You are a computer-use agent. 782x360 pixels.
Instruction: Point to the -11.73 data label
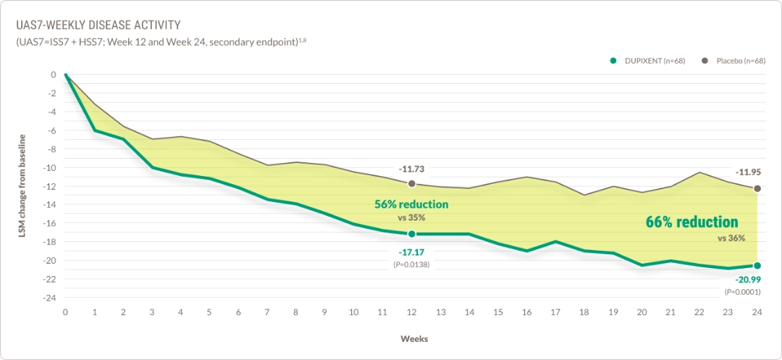coord(411,169)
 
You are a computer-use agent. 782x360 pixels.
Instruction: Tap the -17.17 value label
coord(411,252)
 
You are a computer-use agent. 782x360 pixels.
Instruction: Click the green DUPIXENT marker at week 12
coord(411,234)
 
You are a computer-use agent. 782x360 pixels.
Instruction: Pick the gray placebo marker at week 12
coord(411,184)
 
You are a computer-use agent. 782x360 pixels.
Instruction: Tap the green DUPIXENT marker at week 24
coord(757,266)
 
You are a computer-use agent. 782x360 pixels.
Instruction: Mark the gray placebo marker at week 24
coord(757,188)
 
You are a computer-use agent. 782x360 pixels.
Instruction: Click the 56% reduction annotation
coord(411,204)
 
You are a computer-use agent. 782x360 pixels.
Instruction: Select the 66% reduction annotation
coord(691,222)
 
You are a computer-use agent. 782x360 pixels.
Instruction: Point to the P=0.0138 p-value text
coord(411,265)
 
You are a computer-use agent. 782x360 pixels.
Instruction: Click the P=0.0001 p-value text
coord(744,291)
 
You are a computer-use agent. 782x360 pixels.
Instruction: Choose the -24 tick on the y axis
coord(50,298)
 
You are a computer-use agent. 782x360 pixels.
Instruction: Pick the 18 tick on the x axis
coord(584,311)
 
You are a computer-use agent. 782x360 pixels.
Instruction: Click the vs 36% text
coord(731,238)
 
